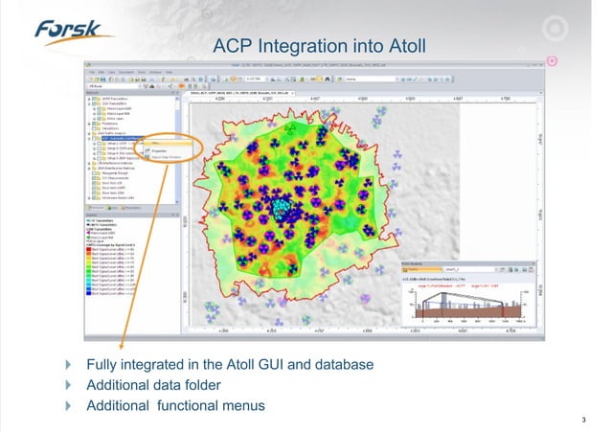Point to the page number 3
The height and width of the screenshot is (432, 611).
pyautogui.click(x=583, y=419)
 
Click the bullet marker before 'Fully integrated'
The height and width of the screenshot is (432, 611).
pyautogui.click(x=67, y=366)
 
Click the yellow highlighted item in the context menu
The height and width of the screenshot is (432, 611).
pyautogui.click(x=157, y=143)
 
